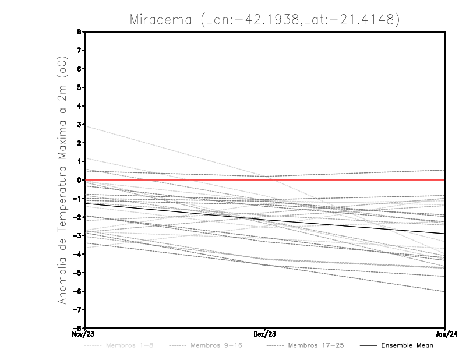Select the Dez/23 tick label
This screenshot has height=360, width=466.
(265, 334)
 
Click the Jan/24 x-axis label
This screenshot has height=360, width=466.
(445, 334)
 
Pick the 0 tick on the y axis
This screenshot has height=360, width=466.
(79, 180)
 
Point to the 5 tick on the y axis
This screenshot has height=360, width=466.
(79, 87)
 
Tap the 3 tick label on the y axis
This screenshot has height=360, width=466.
(79, 125)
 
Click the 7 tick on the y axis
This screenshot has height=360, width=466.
(79, 51)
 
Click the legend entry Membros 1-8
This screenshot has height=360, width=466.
(129, 345)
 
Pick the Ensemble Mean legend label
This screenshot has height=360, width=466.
(407, 345)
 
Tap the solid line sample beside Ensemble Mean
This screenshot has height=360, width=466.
(368, 345)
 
